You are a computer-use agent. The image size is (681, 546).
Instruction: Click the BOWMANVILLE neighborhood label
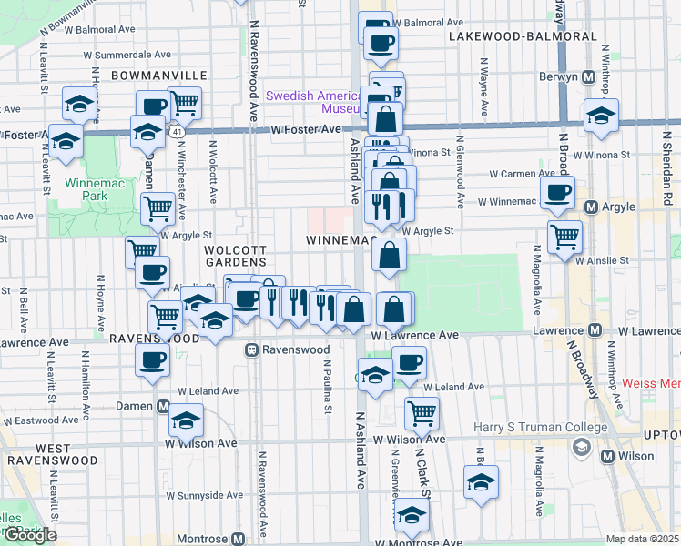[159, 75]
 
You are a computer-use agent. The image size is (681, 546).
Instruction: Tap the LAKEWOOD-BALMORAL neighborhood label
[523, 36]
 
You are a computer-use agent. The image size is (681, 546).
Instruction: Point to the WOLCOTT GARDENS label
[235, 256]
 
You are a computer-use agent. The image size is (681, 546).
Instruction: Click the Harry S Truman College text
[540, 428]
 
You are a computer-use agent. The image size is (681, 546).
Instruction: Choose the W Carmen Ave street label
[522, 173]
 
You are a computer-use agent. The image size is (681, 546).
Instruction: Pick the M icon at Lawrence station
[595, 329]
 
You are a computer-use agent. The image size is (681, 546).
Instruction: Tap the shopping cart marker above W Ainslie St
[565, 237]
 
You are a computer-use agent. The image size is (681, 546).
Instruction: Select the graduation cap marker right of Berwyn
[601, 117]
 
